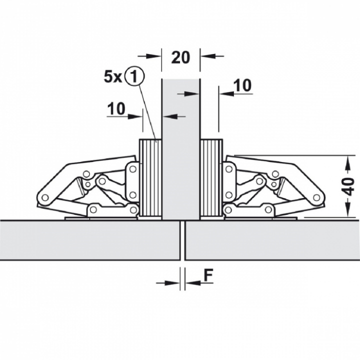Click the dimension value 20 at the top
[180, 57]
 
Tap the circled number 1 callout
[134, 77]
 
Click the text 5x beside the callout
[112, 77]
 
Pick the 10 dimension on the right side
[242, 85]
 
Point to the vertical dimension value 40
[349, 186]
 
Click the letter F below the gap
[208, 275]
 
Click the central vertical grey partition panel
[180, 149]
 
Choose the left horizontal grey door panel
[90, 240]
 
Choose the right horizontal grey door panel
[272, 240]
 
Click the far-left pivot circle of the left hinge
[45, 197]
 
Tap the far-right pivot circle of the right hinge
[316, 197]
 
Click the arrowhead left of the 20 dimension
[153, 56]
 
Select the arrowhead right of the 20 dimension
[208, 56]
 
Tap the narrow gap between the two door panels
[182, 240]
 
